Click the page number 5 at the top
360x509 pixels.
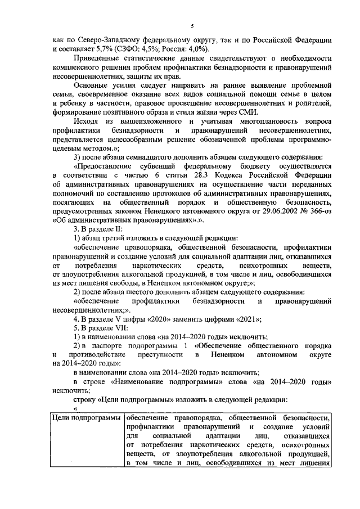pyautogui.click(x=192, y=27)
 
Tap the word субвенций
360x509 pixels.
pyautogui.click(x=161, y=167)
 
